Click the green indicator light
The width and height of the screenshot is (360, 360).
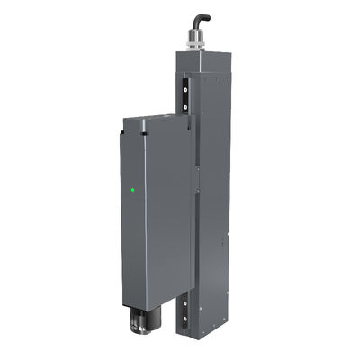(133, 190)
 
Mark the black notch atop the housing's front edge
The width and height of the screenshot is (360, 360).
(143, 134)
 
